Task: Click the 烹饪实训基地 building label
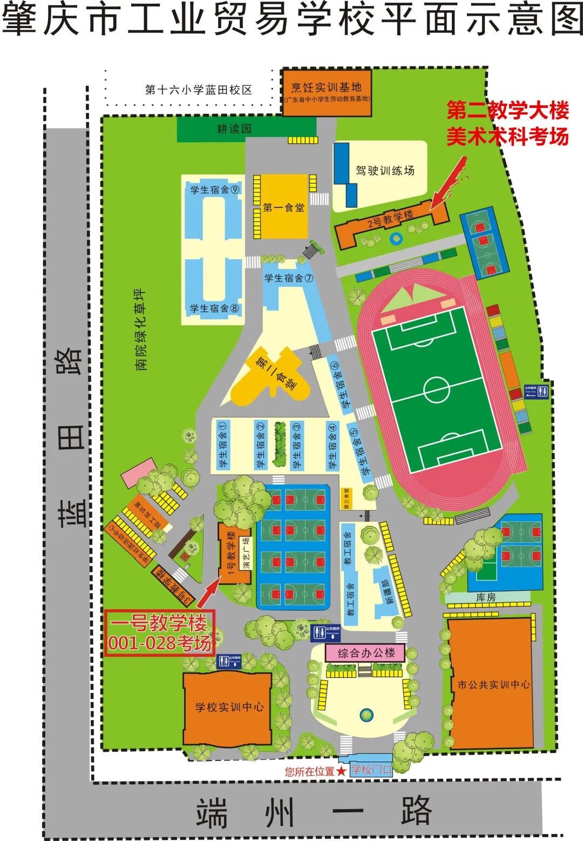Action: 327,88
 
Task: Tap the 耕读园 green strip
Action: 234,129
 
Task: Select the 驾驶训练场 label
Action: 385,171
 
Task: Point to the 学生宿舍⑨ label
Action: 214,190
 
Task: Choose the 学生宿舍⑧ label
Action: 214,309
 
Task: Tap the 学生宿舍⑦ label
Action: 289,278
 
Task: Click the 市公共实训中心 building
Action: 492,685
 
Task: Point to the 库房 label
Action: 485,597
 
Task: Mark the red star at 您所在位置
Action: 341,771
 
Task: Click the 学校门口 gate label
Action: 371,770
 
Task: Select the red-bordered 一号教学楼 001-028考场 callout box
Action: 160,633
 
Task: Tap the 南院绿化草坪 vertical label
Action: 141,329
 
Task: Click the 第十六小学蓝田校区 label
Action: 198,90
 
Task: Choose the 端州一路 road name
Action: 313,812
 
